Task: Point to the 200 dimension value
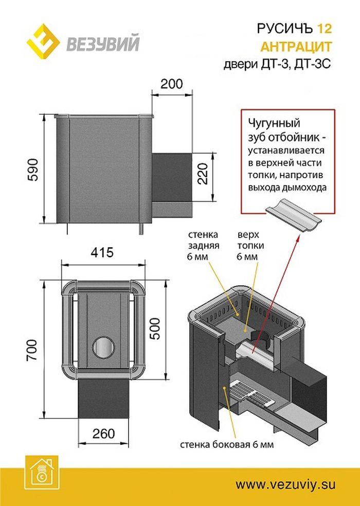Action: (171, 84)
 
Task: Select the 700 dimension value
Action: (32, 350)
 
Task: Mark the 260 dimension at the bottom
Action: (104, 434)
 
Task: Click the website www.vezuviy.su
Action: (286, 484)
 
